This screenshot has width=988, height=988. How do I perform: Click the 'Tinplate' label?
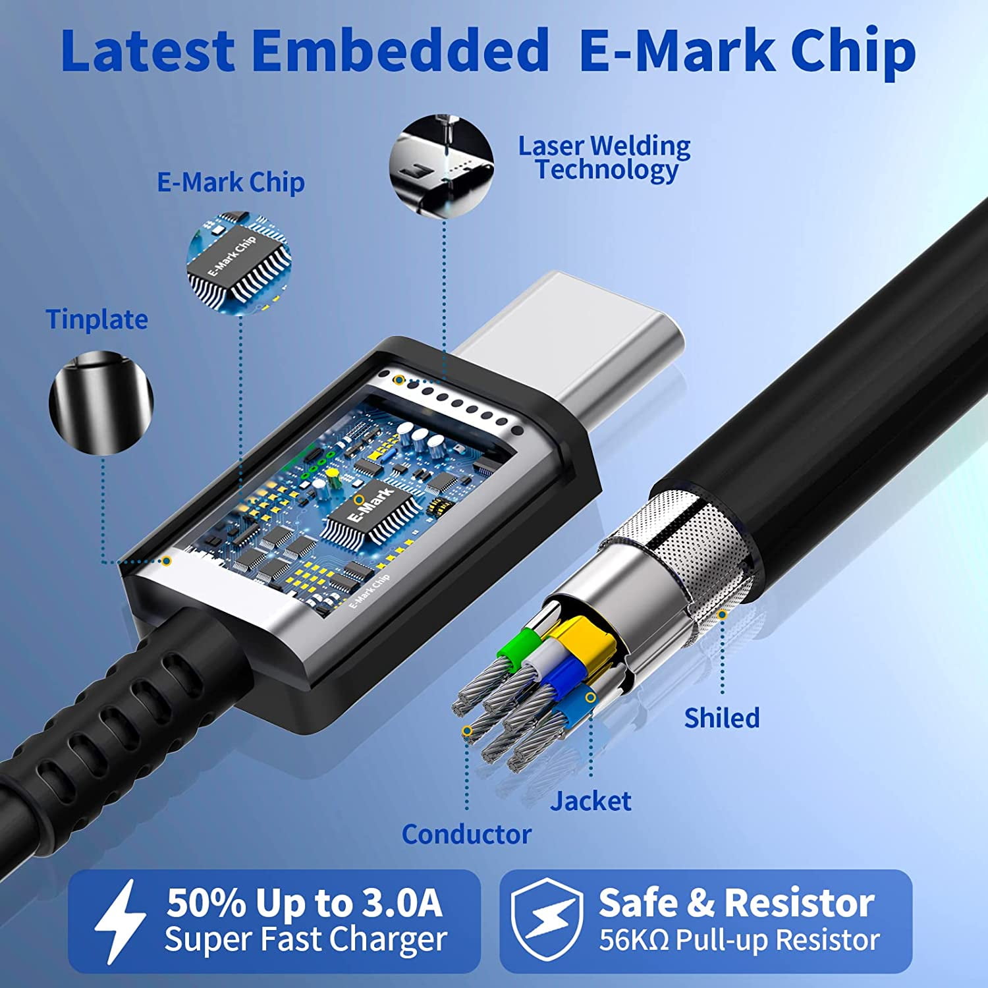tap(97, 320)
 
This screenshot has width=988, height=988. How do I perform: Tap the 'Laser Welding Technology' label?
tap(605, 158)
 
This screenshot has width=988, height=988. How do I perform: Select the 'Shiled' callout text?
tap(722, 717)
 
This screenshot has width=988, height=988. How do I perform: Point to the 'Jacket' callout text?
tap(591, 801)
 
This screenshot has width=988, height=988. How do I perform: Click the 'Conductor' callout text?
tap(466, 835)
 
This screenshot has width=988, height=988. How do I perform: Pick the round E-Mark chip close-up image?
tap(239, 262)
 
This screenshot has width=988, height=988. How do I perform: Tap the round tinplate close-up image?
tap(101, 402)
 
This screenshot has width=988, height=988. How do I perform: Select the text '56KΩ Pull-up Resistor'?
tap(739, 941)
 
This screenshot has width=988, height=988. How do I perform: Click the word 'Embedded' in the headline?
tap(400, 51)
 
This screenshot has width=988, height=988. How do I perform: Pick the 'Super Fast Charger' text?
tap(306, 939)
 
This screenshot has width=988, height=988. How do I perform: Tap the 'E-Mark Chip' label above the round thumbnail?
tap(231, 182)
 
